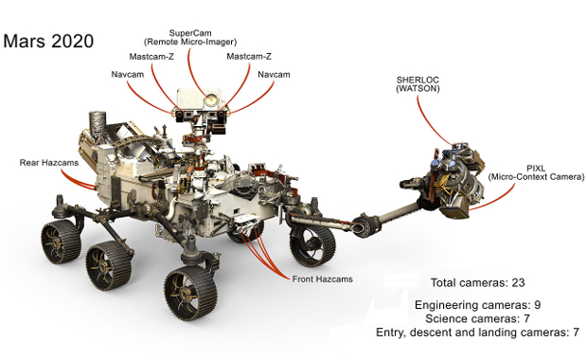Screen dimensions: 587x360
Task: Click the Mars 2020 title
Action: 48,41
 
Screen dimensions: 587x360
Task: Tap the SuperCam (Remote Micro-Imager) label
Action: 190,38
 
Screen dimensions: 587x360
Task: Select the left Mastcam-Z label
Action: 151,57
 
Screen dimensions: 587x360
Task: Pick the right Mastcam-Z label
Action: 249,57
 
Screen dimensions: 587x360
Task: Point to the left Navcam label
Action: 127,74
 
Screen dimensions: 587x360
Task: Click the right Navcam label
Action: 274,74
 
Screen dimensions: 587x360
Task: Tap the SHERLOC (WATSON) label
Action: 418,84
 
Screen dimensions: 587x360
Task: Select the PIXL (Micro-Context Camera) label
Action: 536,172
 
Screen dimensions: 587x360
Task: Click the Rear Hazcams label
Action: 49,163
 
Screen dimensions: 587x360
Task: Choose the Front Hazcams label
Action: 322,279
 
